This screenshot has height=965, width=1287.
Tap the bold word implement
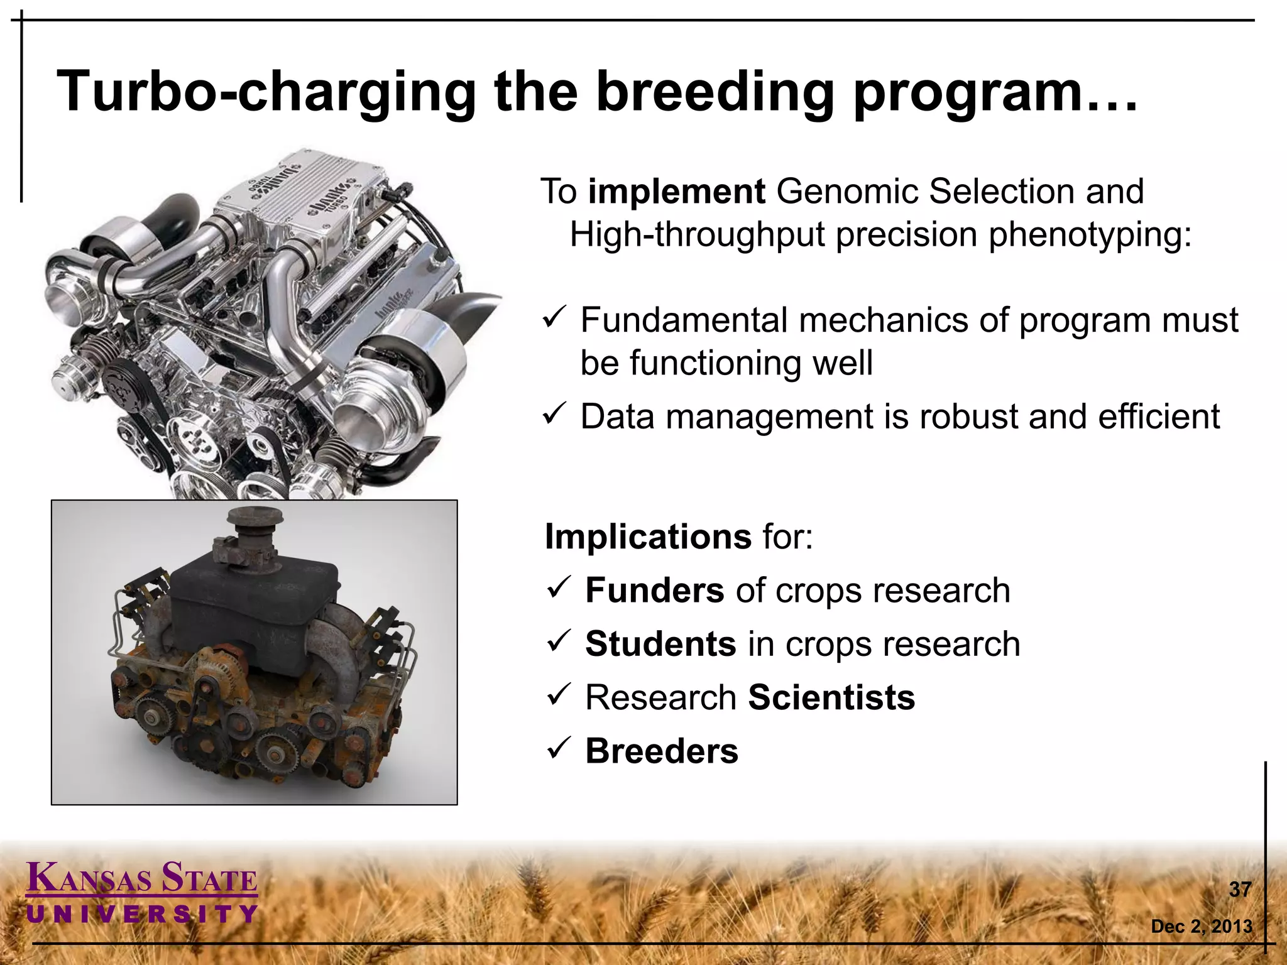pos(676,192)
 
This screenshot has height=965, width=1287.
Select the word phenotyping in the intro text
pos(1090,235)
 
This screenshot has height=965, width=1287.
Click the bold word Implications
pos(647,537)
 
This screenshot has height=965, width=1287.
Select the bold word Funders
pos(654,591)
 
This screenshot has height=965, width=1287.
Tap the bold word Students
pos(660,644)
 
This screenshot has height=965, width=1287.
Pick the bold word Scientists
pos(831,697)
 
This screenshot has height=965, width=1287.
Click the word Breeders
pos(661,751)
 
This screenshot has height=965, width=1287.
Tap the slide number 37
pos(1240,890)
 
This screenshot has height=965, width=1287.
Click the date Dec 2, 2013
pos(1201,926)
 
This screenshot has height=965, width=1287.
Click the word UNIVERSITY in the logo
pos(142,913)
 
